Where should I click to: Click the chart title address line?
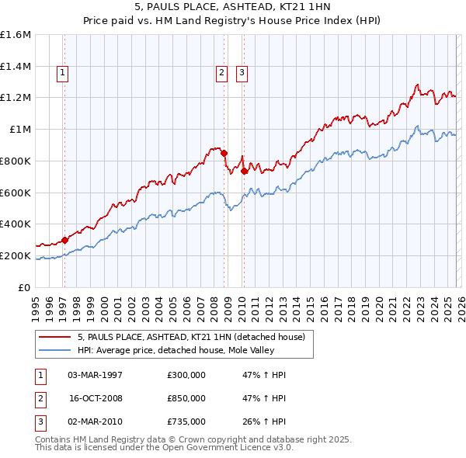232,9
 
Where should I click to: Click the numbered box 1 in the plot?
62,74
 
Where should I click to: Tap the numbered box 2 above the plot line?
221,74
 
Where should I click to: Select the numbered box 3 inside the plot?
242,74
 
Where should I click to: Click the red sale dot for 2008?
224,153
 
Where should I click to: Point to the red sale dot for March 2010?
243,171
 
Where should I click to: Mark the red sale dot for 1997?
64,240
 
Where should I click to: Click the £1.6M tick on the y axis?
16,35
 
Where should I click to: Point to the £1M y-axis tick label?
20,130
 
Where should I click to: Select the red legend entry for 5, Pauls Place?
194,337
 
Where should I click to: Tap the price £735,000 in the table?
186,422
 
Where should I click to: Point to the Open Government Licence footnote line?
164,448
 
